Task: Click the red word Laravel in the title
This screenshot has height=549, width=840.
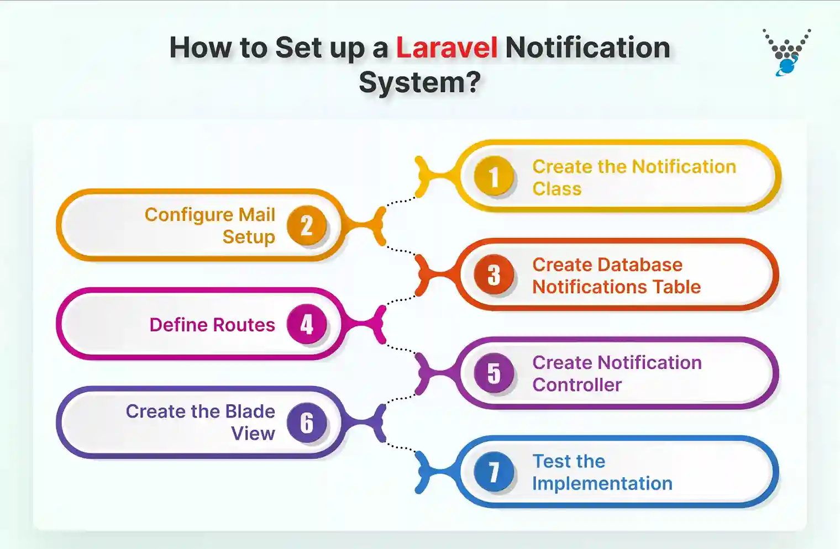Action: [447, 48]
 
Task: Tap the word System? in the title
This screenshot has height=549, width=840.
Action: [419, 83]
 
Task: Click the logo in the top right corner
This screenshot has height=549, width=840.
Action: [787, 52]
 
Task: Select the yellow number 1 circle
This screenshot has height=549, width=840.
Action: [494, 177]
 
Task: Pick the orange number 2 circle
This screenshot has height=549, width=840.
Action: [307, 225]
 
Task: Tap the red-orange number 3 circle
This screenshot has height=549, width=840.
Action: [494, 275]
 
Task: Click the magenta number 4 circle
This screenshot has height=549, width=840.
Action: [307, 324]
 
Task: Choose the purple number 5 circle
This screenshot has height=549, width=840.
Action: [494, 373]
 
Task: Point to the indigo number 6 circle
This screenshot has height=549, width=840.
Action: [307, 423]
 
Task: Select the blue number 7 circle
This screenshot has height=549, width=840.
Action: [494, 472]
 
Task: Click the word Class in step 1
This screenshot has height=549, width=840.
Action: [556, 189]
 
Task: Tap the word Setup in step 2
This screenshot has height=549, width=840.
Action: [249, 237]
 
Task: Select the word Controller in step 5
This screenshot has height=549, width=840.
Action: [577, 385]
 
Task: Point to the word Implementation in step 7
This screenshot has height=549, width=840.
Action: [602, 484]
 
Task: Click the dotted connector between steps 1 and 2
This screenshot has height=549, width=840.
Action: [401, 201]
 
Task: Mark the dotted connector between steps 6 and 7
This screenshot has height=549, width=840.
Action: [401, 447]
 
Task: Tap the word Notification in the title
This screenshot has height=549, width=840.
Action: [587, 48]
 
